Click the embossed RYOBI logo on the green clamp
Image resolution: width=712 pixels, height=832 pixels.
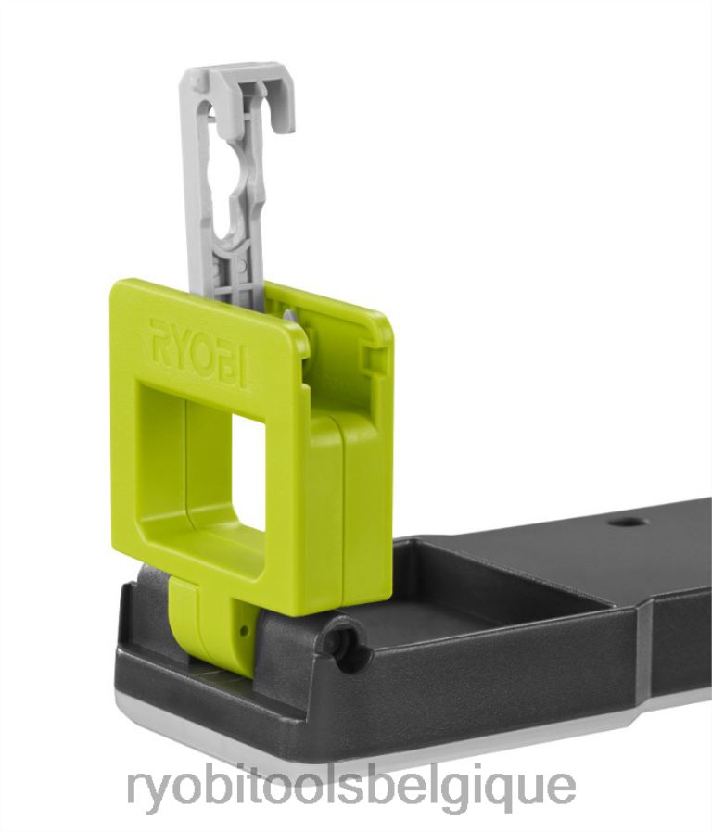[x=199, y=351]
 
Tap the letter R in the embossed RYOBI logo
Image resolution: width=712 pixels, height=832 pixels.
[x=159, y=334]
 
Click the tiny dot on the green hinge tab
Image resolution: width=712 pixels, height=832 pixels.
[x=244, y=629]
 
